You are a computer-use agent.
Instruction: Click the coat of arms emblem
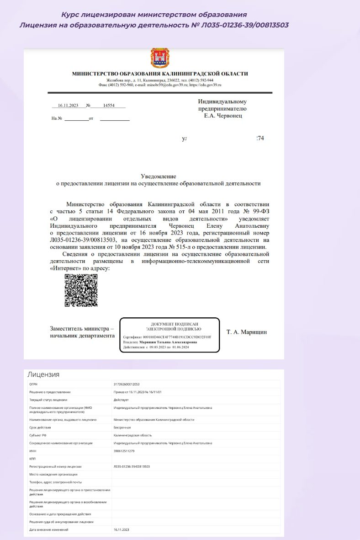click(x=160, y=58)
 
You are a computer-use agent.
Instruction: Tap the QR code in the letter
click(x=81, y=290)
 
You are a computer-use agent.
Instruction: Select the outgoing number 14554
click(x=109, y=106)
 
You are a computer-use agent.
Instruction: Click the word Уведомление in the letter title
click(x=159, y=176)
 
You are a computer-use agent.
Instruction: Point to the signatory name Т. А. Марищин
click(x=247, y=331)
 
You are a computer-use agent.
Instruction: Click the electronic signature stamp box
click(x=169, y=335)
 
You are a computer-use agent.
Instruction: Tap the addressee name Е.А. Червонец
click(x=223, y=116)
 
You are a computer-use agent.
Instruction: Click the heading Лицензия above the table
click(x=43, y=374)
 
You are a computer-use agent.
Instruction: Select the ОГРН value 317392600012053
click(x=127, y=385)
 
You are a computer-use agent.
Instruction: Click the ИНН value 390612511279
click(x=124, y=451)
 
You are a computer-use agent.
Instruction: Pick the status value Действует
click(x=121, y=400)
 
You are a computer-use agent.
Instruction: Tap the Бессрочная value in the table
click(x=123, y=427)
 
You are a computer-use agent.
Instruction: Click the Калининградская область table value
click(x=132, y=435)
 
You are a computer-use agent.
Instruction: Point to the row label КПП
click(x=32, y=459)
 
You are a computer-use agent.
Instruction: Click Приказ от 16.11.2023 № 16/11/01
click(x=141, y=392)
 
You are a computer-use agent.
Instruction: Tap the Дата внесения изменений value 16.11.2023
click(x=122, y=529)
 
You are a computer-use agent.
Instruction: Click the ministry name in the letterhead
click(x=160, y=74)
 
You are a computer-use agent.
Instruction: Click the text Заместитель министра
click(x=82, y=328)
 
